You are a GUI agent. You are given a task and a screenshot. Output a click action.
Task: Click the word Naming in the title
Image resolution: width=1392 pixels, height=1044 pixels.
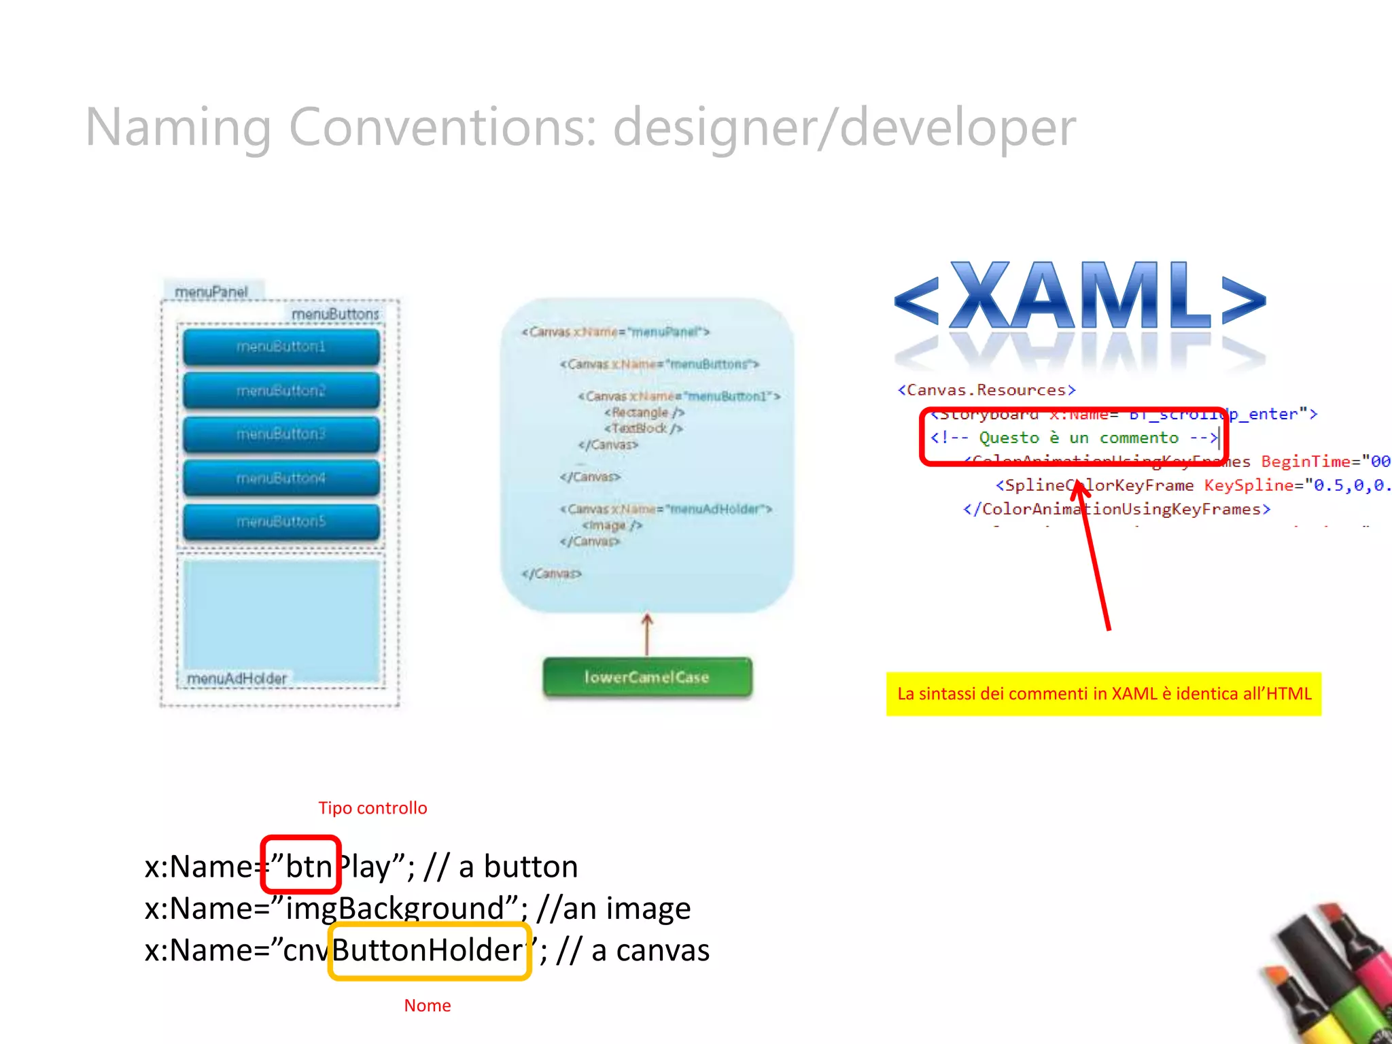point(178,128)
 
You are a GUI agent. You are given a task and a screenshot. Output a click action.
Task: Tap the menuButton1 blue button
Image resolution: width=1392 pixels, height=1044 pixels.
point(281,347)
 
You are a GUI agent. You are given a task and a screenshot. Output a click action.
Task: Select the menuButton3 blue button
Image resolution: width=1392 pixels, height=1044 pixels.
point(281,434)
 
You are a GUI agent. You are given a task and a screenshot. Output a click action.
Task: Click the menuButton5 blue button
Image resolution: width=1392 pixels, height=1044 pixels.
point(281,522)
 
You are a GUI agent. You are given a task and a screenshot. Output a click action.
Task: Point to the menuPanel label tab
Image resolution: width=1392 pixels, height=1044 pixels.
point(211,292)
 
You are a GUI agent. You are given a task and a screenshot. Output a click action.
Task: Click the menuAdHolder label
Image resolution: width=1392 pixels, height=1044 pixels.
point(237,678)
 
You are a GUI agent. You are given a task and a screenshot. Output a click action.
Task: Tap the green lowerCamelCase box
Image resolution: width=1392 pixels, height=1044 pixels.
point(647,677)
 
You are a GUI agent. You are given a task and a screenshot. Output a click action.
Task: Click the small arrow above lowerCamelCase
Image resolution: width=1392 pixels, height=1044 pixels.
point(647,633)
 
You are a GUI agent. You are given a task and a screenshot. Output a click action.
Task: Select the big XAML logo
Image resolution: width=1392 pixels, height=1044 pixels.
point(1081,299)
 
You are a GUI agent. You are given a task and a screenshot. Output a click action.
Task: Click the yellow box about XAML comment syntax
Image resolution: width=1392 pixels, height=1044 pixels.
point(1104,694)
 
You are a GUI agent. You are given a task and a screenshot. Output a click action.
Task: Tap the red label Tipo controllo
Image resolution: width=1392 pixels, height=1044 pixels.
point(372,808)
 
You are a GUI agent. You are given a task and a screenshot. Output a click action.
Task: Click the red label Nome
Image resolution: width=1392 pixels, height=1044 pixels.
point(427,1005)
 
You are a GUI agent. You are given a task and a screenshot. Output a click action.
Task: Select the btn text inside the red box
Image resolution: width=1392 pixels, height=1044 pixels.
point(307,867)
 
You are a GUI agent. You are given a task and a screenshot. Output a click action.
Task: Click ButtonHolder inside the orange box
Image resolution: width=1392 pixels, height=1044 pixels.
point(428,950)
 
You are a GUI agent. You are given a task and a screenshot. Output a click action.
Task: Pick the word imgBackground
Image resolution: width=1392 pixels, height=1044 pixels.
point(394,909)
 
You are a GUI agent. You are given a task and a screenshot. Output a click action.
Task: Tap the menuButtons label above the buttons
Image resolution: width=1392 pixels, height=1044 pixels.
point(335,314)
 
